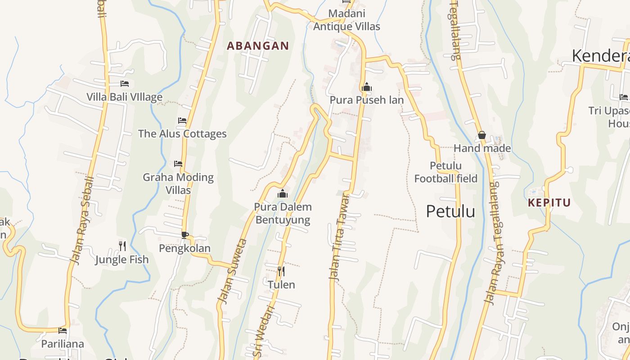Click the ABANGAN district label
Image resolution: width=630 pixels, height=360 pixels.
pyautogui.click(x=257, y=46)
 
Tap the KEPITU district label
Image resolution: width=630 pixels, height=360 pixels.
pyautogui.click(x=549, y=202)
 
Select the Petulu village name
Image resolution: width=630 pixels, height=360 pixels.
pyautogui.click(x=450, y=211)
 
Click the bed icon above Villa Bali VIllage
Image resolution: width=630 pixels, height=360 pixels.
pyautogui.click(x=125, y=84)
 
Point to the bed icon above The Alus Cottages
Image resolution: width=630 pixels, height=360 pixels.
pyautogui.click(x=182, y=121)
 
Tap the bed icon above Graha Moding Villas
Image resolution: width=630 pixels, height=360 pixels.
pyautogui.click(x=178, y=164)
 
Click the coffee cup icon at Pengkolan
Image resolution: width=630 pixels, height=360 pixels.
pyautogui.click(x=184, y=235)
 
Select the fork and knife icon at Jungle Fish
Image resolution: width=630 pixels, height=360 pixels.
pyautogui.click(x=122, y=246)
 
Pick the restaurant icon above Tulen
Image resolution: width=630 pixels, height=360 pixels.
pyautogui.click(x=281, y=271)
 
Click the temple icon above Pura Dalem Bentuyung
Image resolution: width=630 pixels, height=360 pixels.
pyautogui.click(x=283, y=194)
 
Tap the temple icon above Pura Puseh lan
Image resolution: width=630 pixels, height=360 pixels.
pyautogui.click(x=366, y=87)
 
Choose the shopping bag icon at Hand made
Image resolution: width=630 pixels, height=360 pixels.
pyautogui.click(x=481, y=135)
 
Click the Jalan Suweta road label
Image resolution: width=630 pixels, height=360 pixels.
pyautogui.click(x=232, y=271)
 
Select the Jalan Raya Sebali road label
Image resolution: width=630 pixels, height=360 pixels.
pyautogui.click(x=82, y=220)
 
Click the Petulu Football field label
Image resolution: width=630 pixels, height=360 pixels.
pyautogui.click(x=445, y=172)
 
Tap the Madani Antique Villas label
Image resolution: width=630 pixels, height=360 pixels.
pyautogui.click(x=346, y=20)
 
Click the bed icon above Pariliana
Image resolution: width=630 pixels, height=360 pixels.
pyautogui.click(x=63, y=331)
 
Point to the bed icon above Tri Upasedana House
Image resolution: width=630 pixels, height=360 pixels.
pyautogui.click(x=623, y=97)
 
